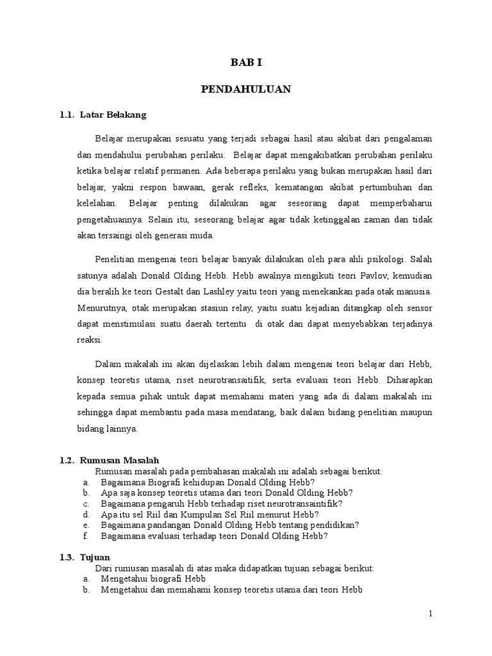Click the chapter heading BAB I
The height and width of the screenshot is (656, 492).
coord(246,63)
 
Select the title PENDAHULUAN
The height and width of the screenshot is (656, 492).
coord(246,89)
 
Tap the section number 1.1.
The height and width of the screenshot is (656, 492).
coord(67,115)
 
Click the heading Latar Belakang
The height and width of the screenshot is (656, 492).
coord(113,115)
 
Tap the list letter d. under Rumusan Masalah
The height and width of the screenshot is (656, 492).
coord(86,514)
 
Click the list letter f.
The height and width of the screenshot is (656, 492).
coord(85,536)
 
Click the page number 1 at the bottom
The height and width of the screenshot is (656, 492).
coord(431,614)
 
